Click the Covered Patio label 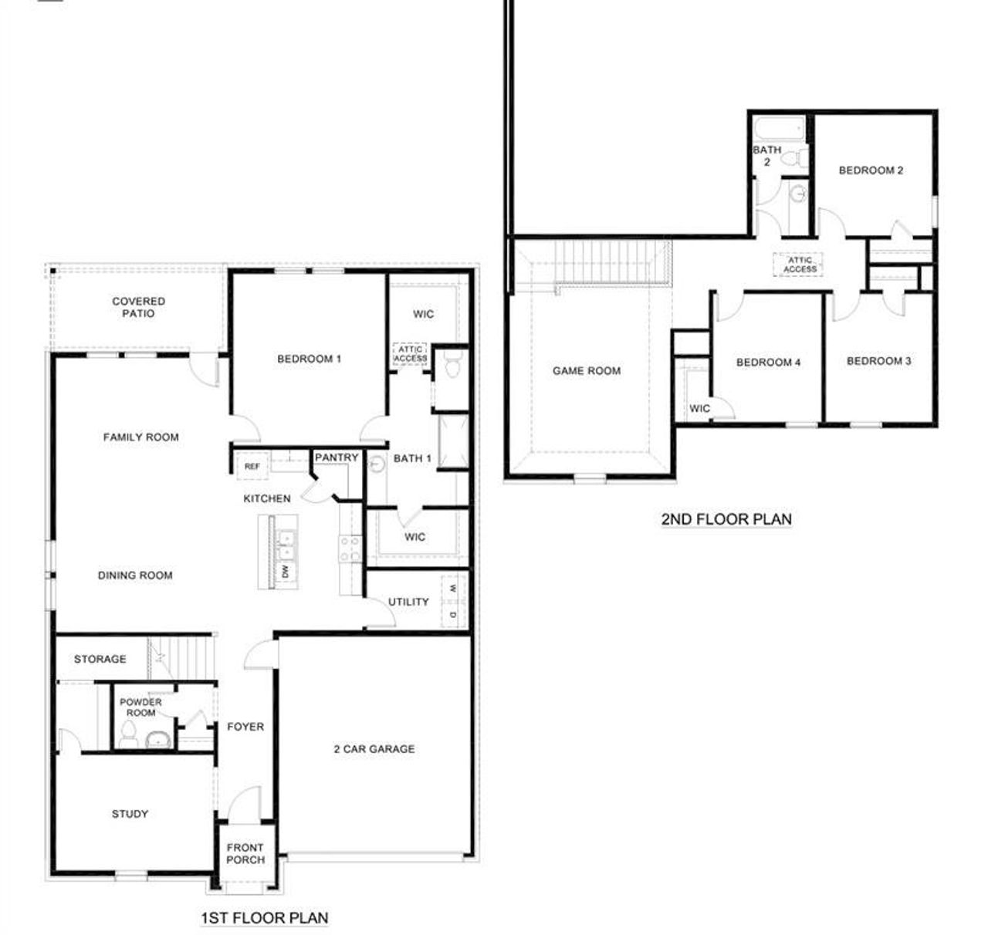(x=138, y=307)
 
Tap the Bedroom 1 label (x=309, y=359)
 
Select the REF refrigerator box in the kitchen (x=252, y=466)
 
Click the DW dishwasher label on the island (x=285, y=572)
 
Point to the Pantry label (x=337, y=457)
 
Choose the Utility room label (x=408, y=602)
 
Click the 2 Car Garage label (x=374, y=748)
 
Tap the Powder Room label (x=140, y=707)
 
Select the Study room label (x=130, y=814)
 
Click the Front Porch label (x=245, y=853)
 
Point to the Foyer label (x=245, y=727)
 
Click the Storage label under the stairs (x=100, y=659)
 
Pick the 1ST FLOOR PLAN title (x=264, y=918)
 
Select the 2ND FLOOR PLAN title (x=726, y=518)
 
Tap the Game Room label (x=587, y=370)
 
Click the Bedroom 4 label (x=768, y=362)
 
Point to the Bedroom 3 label (x=878, y=361)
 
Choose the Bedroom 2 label (x=871, y=170)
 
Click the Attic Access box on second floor (x=800, y=265)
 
